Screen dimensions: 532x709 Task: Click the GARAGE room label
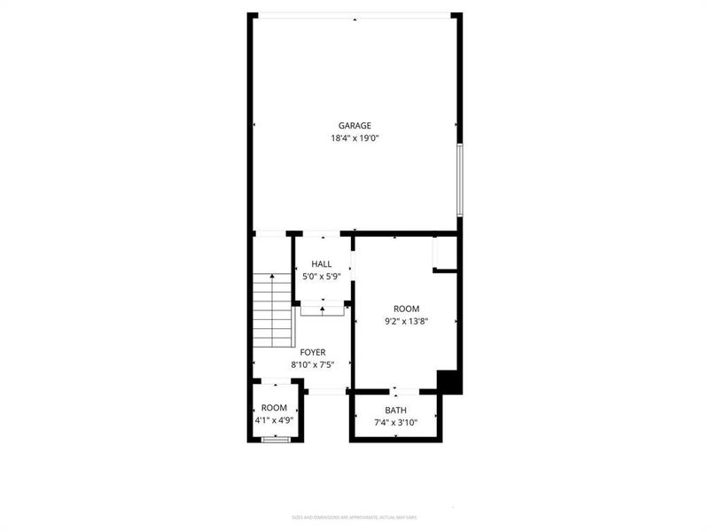(354, 125)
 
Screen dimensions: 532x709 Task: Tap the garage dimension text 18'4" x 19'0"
(354, 138)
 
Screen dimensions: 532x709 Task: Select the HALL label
(321, 264)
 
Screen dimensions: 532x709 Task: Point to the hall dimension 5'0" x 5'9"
(321, 277)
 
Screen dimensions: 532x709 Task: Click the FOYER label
(312, 352)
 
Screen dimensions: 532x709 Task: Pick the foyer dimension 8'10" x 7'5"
(312, 364)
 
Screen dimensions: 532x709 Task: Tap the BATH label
(395, 411)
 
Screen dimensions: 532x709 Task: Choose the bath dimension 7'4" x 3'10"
(395, 423)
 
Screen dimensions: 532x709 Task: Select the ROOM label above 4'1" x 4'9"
(274, 408)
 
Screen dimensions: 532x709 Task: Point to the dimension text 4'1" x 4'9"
(274, 420)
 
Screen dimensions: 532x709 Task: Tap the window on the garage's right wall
(459, 180)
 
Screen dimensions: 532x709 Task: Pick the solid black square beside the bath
(450, 381)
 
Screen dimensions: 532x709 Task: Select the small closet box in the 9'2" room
(444, 254)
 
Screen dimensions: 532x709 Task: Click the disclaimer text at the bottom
(354, 517)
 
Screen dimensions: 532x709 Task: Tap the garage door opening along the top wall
(354, 15)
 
